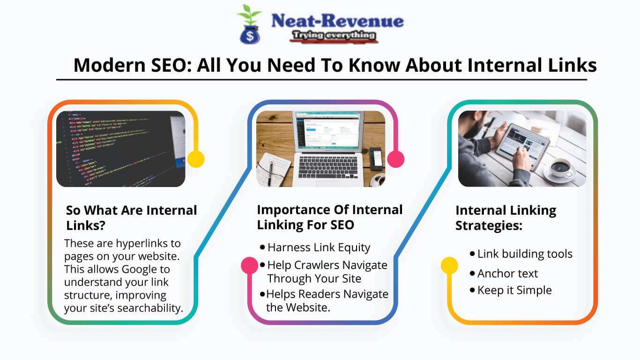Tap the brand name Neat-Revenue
[x=337, y=21]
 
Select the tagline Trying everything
[x=333, y=36]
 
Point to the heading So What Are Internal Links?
[x=131, y=217]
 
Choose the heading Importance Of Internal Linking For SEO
[x=329, y=217]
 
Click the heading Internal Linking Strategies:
[x=506, y=217]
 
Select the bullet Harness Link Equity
[x=319, y=247]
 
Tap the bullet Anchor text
[x=507, y=273]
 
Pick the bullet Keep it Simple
[x=514, y=290]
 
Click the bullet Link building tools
[x=525, y=254]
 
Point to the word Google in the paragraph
[x=139, y=269]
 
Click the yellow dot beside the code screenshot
[x=196, y=159]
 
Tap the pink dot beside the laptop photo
[x=396, y=159]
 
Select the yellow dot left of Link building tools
[x=449, y=265]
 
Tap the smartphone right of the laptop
[x=376, y=158]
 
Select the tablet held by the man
[x=522, y=146]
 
